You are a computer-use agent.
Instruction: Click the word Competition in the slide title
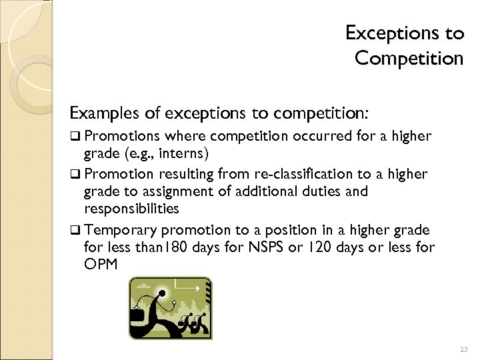(408, 59)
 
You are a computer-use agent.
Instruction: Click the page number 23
(464, 349)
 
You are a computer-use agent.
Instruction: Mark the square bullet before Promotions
(77, 137)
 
